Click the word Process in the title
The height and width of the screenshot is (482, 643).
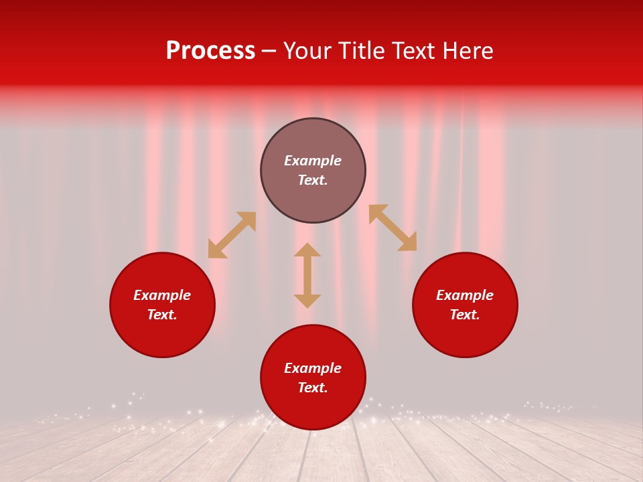tap(210, 51)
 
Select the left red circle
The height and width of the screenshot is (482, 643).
tap(162, 335)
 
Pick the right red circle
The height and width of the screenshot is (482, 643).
tap(465, 335)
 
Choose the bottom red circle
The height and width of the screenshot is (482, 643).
tap(313, 408)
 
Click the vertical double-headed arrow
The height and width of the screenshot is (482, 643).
tap(307, 275)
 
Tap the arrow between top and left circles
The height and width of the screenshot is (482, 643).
tap(232, 235)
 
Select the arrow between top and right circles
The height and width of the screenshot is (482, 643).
tap(392, 228)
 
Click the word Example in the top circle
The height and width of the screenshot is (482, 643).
tap(313, 161)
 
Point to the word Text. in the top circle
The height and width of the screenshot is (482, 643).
tap(313, 180)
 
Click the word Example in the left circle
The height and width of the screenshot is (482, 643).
tap(162, 295)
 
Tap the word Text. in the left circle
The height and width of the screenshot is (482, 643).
tap(162, 315)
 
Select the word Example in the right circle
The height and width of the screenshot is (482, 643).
tap(465, 295)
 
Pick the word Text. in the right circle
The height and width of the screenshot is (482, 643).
tap(465, 315)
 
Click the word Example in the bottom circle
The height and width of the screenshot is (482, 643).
tap(313, 368)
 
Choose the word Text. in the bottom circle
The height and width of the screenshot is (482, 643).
tap(313, 388)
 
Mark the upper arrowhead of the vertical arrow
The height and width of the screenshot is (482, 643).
tap(307, 250)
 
